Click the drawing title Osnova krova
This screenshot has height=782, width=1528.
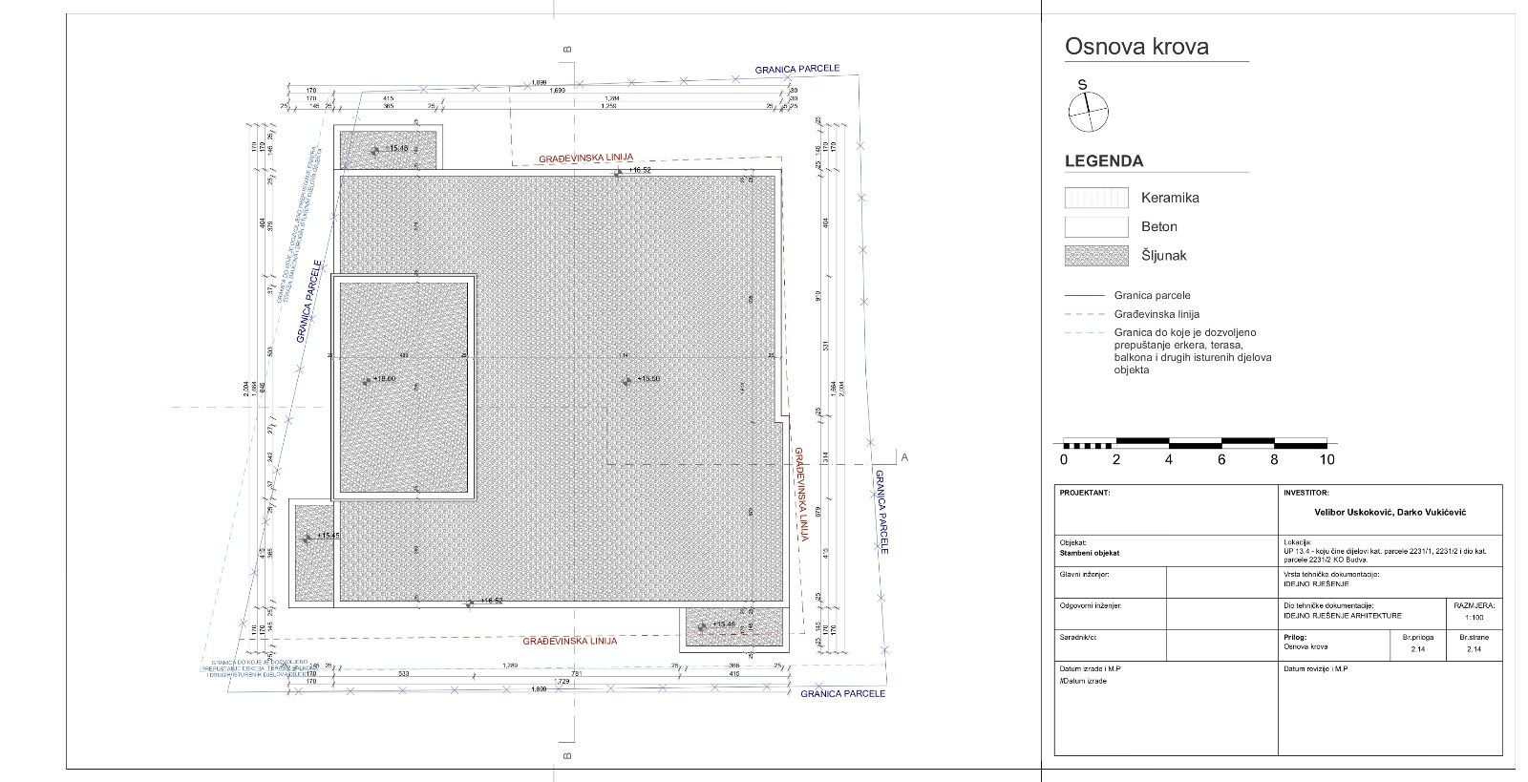(x=1136, y=47)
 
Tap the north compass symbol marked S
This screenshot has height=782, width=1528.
(x=1088, y=111)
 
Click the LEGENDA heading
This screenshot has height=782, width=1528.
(x=1103, y=161)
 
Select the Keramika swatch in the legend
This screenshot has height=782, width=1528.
(x=1096, y=198)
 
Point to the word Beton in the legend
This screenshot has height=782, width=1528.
(x=1158, y=227)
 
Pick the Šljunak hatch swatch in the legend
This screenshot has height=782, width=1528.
(x=1096, y=256)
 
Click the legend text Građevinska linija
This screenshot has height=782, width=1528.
(x=1157, y=314)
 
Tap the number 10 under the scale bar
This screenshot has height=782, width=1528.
(x=1326, y=459)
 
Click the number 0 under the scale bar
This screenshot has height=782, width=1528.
(x=1064, y=459)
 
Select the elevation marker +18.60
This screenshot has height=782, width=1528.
(x=382, y=379)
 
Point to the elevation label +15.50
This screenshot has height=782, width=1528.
(x=647, y=379)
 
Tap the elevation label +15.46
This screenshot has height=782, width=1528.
(x=722, y=624)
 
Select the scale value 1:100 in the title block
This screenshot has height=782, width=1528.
(x=1474, y=618)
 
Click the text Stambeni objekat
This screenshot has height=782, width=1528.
(x=1089, y=553)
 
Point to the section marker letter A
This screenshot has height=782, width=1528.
(x=904, y=457)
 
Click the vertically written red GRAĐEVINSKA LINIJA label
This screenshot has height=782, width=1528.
(x=800, y=495)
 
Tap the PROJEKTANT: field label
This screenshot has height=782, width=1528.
(x=1085, y=493)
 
